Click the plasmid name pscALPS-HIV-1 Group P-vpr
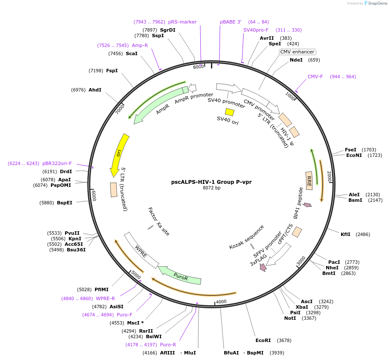click(x=211, y=182)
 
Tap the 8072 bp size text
click(x=211, y=188)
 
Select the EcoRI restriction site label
click(x=263, y=340)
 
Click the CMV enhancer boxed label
click(x=297, y=52)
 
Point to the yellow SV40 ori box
click(x=230, y=112)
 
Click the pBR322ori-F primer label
click(x=57, y=163)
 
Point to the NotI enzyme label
click(x=290, y=318)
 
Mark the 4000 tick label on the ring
click(x=221, y=301)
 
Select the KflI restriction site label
click(x=345, y=234)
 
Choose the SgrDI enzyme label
click(x=168, y=30)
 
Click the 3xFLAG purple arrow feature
click(x=263, y=267)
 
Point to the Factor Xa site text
click(x=159, y=221)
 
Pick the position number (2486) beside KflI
click(x=362, y=234)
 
